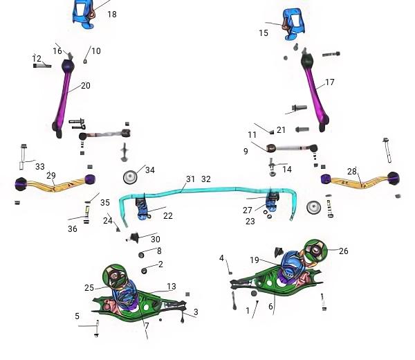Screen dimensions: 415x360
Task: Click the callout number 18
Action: tap(112, 15)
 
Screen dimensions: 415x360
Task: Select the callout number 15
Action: tap(264, 33)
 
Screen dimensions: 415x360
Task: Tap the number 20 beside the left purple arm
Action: tap(86, 86)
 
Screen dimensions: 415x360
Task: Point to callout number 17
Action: tap(329, 82)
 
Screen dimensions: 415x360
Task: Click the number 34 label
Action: tap(150, 170)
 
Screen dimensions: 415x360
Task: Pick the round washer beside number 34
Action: tap(130, 177)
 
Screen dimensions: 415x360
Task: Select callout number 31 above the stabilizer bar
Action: tap(190, 179)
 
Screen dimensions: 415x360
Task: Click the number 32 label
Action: tap(206, 179)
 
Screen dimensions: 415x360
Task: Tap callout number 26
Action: tap(343, 251)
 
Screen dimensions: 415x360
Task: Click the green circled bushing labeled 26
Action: tap(315, 251)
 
